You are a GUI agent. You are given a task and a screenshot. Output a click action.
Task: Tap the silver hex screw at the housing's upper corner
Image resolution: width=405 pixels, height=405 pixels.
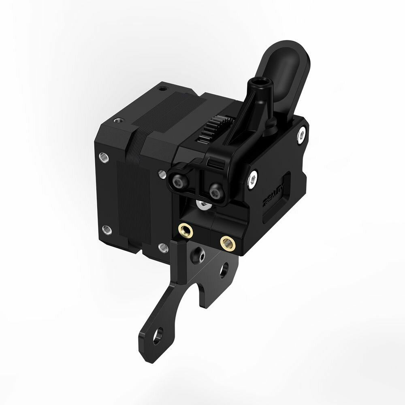coord(301,134)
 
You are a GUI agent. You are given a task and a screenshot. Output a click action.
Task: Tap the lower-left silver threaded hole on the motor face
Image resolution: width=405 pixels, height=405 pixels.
coord(106,230)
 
